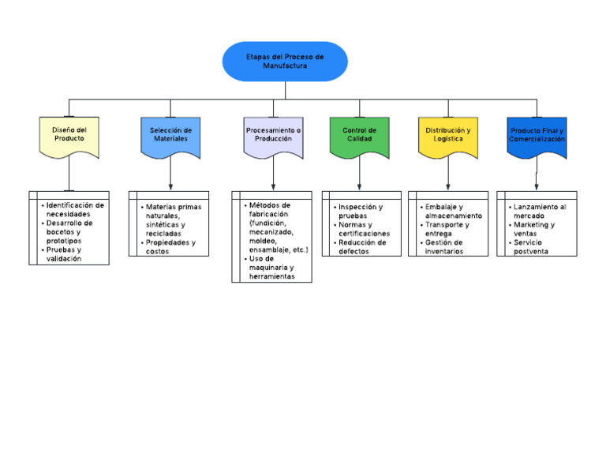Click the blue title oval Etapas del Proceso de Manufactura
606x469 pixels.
pos(285,62)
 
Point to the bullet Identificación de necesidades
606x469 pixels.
pos(74,209)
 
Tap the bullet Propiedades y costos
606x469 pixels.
pos(170,246)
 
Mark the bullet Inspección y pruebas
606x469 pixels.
pos(360,211)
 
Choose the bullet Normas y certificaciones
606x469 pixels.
pos(364,229)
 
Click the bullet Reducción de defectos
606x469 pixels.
pos(362,247)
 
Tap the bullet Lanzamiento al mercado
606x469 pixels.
pos(539,211)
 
